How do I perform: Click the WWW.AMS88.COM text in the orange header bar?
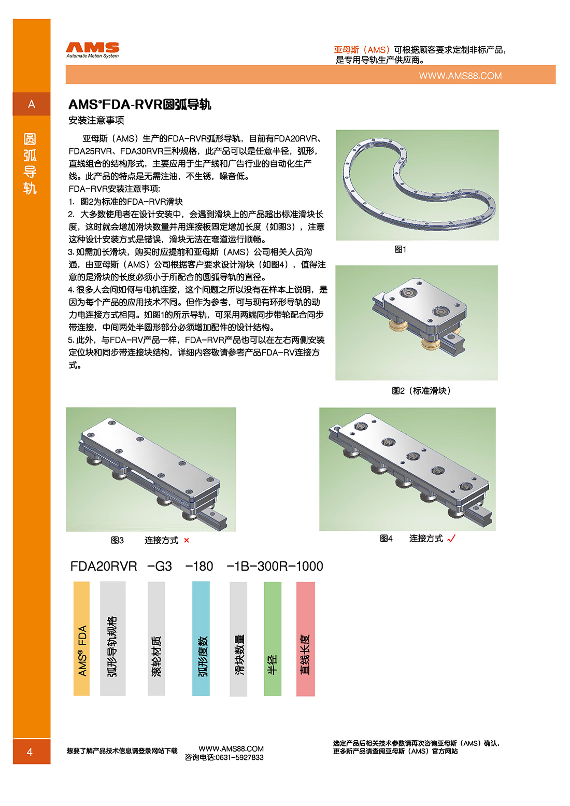click(460, 76)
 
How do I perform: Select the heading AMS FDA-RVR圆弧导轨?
click(139, 105)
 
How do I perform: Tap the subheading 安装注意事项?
click(96, 120)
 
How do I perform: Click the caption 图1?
click(400, 249)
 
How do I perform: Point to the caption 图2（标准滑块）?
click(421, 391)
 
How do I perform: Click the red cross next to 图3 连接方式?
click(187, 541)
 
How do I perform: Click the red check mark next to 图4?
click(451, 539)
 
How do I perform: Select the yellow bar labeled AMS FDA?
click(81, 638)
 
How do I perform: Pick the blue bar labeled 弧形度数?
click(201, 638)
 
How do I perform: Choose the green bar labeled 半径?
click(273, 638)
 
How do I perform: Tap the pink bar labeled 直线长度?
click(306, 638)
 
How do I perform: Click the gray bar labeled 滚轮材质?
click(156, 638)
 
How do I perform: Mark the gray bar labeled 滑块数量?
click(238, 638)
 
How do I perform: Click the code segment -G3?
click(160, 567)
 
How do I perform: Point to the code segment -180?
click(199, 567)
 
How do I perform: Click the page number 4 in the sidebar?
click(30, 752)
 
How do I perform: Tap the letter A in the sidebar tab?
click(32, 104)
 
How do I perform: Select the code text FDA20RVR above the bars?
click(104, 567)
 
